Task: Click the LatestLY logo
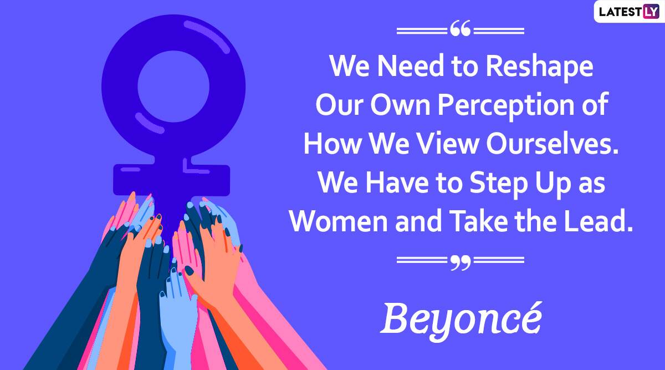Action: pos(629,12)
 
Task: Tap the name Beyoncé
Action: pos(461,322)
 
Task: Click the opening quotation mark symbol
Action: pos(461,28)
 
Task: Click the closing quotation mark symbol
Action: pos(461,262)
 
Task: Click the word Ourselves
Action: pos(552,144)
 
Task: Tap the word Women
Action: pos(339,221)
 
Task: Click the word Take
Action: pos(478,221)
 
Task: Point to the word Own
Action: pos(400,105)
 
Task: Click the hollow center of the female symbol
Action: pos(173,86)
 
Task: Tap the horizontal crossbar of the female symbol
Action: pos(172,180)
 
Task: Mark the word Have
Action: pos(397,182)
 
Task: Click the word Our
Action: pos(339,105)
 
